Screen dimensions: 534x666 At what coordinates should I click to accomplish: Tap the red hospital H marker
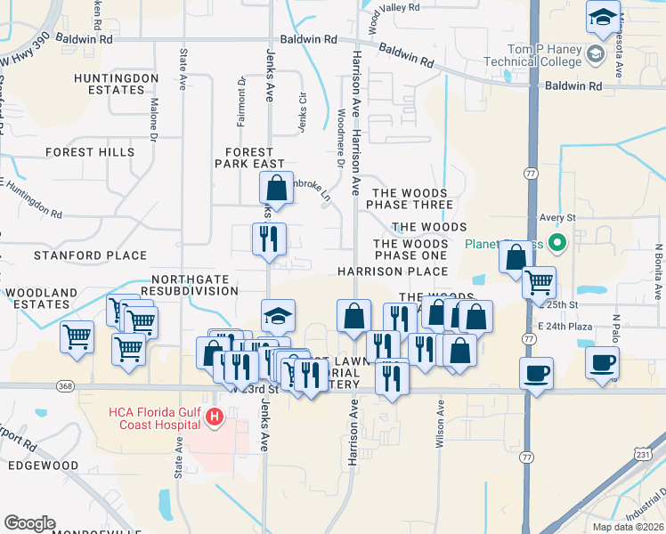coord(214,416)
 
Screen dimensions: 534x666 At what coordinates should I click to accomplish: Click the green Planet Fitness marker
coord(558,241)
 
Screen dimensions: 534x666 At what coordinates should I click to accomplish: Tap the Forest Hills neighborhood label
coord(91,152)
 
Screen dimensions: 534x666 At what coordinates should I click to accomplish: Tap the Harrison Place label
coord(392,271)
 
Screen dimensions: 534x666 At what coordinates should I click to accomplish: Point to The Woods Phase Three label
coord(412,198)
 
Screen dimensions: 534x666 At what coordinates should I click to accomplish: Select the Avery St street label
coord(559,217)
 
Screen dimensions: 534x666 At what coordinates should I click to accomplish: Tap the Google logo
coord(29,523)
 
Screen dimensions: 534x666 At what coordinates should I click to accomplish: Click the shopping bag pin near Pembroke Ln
coord(276,188)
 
